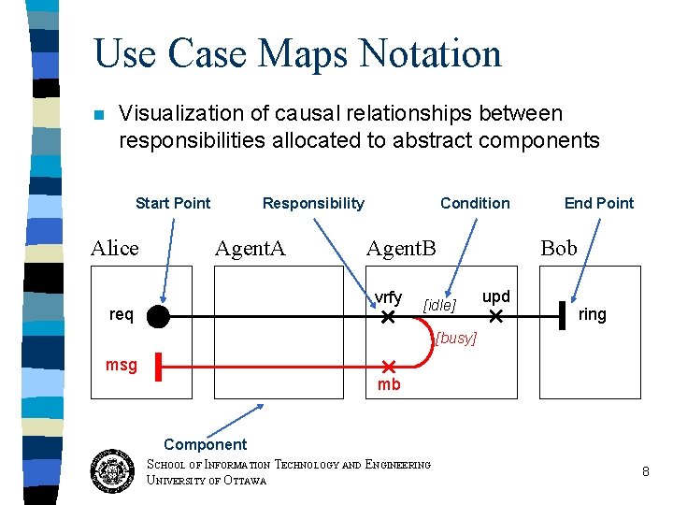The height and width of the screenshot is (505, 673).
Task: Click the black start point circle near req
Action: pyautogui.click(x=158, y=317)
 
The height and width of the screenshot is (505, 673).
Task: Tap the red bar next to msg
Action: pyautogui.click(x=160, y=367)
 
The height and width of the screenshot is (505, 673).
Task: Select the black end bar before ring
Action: pyautogui.click(x=563, y=316)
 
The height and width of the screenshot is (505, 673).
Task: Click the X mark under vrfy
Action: pyautogui.click(x=388, y=318)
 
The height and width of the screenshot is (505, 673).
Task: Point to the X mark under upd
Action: pyautogui.click(x=496, y=318)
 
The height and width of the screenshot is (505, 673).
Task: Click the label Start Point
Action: pyautogui.click(x=173, y=203)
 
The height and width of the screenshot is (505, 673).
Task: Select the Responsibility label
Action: pyautogui.click(x=313, y=203)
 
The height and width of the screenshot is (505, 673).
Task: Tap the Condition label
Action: pyautogui.click(x=475, y=203)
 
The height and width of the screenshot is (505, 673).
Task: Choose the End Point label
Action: pyautogui.click(x=598, y=203)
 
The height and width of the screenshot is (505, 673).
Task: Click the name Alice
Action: pyautogui.click(x=114, y=248)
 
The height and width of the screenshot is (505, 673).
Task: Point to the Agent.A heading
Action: pyautogui.click(x=250, y=248)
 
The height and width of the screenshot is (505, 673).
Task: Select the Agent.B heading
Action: pyautogui.click(x=401, y=248)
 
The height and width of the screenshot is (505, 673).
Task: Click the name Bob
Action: pyautogui.click(x=559, y=248)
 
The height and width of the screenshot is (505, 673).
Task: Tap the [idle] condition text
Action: pyautogui.click(x=439, y=305)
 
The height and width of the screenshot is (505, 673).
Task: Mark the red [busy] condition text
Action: pyautogui.click(x=455, y=338)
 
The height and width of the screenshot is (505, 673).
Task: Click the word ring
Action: pyautogui.click(x=593, y=315)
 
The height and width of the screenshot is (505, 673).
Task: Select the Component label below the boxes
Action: pyautogui.click(x=205, y=444)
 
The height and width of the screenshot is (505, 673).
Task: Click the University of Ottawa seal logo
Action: pyautogui.click(x=114, y=470)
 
